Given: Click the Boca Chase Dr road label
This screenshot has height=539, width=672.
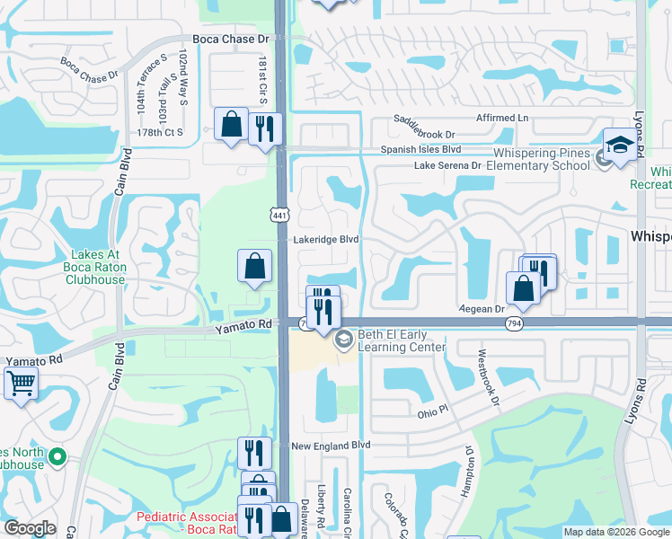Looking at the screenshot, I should click(x=232, y=40).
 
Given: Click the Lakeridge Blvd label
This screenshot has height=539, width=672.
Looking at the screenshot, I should click(x=326, y=240).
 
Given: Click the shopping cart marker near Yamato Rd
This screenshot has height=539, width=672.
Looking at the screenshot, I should click(x=21, y=383).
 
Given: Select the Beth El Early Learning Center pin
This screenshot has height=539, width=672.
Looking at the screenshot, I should click(x=344, y=340).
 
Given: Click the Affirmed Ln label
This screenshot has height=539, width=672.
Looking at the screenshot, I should click(x=502, y=118).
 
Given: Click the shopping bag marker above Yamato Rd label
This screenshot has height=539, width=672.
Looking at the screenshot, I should click(x=254, y=266).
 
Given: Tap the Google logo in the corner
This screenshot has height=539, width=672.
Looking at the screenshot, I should click(x=30, y=529).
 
